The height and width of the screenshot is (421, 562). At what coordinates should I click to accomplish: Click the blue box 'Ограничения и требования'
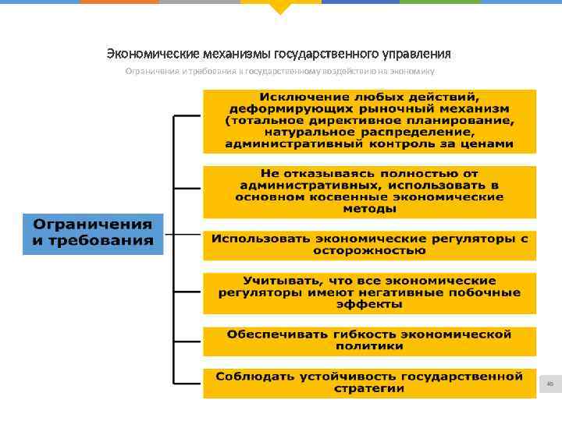coord(93,233)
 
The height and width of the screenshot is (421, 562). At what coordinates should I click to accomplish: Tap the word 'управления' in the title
coord(416,54)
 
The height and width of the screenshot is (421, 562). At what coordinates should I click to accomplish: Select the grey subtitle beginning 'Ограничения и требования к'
coord(280,71)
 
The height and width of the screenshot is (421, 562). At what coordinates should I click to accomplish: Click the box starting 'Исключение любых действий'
coord(369,121)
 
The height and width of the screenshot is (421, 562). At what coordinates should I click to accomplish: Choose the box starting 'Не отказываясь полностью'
coord(369,192)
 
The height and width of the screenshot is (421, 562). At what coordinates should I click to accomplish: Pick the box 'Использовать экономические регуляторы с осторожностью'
coord(369,245)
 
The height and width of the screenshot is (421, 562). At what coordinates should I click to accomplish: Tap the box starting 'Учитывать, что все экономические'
coord(369,292)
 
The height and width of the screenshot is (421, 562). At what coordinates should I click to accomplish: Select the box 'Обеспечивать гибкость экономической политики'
coord(369,340)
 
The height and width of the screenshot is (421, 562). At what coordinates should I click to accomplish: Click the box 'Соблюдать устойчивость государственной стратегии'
coord(369,383)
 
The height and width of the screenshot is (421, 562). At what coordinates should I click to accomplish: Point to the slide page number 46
coord(550,384)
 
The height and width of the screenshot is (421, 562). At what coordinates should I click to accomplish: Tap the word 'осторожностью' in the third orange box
coord(370,251)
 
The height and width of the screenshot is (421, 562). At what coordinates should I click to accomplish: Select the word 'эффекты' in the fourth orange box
coord(369,305)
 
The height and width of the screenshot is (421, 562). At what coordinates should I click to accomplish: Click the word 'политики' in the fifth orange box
coord(369,346)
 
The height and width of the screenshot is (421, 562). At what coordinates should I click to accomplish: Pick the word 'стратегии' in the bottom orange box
coord(369,389)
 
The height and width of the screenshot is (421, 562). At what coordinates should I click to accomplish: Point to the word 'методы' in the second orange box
coord(369,210)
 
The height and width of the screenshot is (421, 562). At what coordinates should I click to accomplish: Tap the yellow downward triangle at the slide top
coord(280,9)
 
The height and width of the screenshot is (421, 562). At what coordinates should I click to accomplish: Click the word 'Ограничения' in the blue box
coord(93,225)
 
